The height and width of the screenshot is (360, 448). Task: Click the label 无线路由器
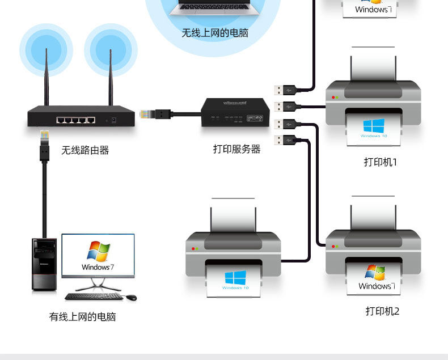(85, 150)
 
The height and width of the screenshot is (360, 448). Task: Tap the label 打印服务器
(237, 149)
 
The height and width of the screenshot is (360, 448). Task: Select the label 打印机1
(381, 162)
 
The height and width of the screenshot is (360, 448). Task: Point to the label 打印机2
(382, 311)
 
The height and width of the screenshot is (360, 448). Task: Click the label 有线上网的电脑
(82, 317)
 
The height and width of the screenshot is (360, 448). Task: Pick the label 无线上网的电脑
(215, 33)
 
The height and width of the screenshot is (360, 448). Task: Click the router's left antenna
(47, 79)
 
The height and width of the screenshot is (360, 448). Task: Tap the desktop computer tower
(44, 265)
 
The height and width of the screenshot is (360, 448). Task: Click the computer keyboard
(94, 297)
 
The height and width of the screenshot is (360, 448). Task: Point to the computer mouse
(131, 297)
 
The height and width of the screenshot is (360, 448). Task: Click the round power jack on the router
(115, 120)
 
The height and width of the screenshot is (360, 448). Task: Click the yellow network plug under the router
(44, 137)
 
